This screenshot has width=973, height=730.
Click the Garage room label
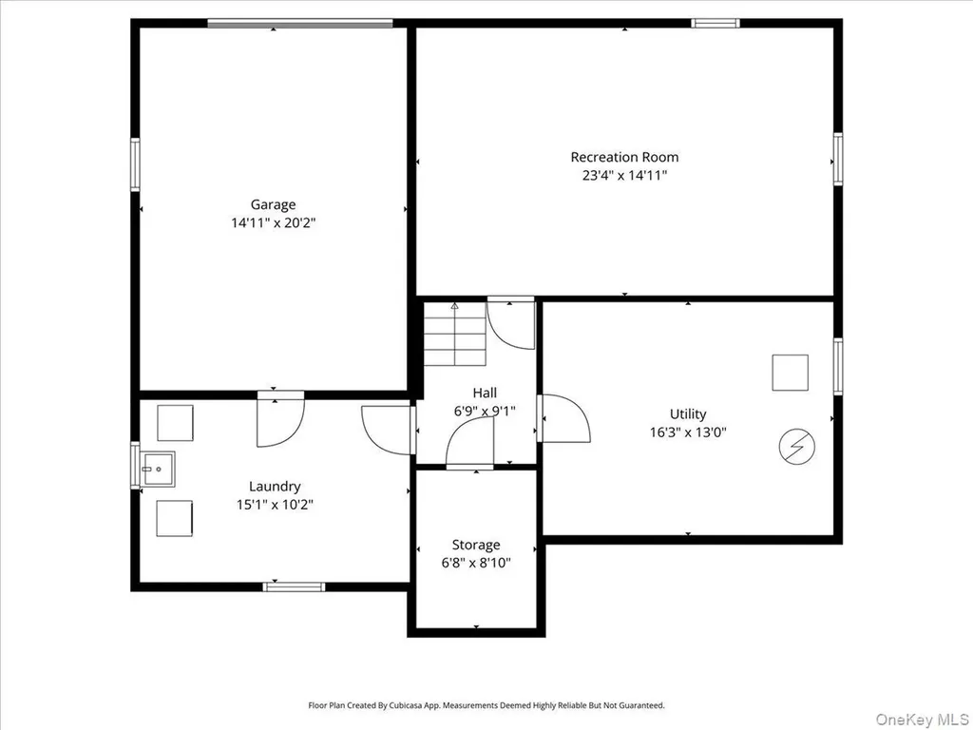pyautogui.click(x=273, y=205)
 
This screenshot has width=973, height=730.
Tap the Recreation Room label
pyautogui.click(x=624, y=157)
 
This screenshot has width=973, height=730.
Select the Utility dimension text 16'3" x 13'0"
pyautogui.click(x=688, y=432)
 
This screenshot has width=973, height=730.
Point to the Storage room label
pyautogui.click(x=476, y=545)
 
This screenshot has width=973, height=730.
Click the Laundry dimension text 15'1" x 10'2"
pyautogui.click(x=275, y=505)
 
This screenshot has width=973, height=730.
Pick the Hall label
pyautogui.click(x=485, y=393)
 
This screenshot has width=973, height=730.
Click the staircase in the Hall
pyautogui.click(x=455, y=334)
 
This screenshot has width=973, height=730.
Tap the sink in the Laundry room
pyautogui.click(x=158, y=470)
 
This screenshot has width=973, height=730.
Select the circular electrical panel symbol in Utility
pyautogui.click(x=797, y=447)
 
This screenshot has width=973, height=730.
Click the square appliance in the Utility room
pyautogui.click(x=790, y=373)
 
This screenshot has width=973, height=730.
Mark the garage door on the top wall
pyautogui.click(x=299, y=24)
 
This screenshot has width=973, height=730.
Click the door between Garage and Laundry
pyautogui.click(x=280, y=418)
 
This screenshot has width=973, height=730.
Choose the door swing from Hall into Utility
pyautogui.click(x=563, y=418)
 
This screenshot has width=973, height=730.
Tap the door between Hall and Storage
pyautogui.click(x=469, y=443)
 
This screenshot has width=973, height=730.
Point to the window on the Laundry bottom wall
pyautogui.click(x=295, y=586)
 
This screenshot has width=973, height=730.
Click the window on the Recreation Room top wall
pyautogui.click(x=715, y=24)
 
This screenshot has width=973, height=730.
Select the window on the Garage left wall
pyautogui.click(x=135, y=164)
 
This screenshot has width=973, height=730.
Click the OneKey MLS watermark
pyautogui.click(x=922, y=720)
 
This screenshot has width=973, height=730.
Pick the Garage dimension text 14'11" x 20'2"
pyautogui.click(x=274, y=222)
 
